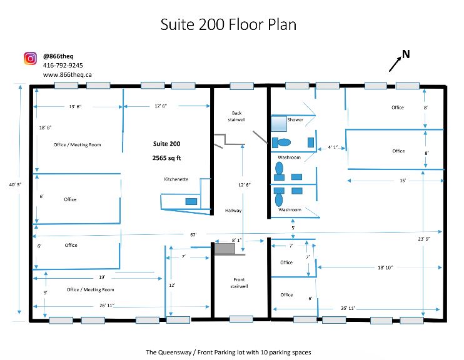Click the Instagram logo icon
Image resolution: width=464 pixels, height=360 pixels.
click(30, 58)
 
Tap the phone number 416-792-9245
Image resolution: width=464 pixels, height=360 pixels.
click(63, 66)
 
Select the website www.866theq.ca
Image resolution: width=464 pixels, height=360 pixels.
click(67, 75)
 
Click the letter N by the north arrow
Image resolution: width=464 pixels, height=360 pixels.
click(406, 54)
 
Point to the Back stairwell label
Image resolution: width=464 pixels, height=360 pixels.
click(236, 116)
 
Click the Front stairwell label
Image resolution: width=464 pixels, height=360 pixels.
click(239, 282)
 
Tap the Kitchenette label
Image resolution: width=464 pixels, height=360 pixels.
click(176, 179)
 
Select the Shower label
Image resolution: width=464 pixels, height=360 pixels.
click(295, 120)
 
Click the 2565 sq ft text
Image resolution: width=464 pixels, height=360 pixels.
click(166, 158)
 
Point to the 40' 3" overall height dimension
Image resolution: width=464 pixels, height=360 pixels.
click(15, 184)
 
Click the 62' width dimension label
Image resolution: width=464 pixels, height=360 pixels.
click(193, 235)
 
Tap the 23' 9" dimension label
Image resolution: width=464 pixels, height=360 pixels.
click(424, 239)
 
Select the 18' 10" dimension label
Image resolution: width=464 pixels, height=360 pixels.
click(385, 267)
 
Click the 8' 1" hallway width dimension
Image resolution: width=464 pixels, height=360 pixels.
click(236, 241)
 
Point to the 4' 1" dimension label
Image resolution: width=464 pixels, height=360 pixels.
click(333, 147)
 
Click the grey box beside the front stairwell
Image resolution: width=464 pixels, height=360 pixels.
click(224, 249)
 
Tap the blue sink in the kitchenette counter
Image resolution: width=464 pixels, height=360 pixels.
click(191, 202)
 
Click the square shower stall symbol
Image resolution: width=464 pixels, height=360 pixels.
click(279, 124)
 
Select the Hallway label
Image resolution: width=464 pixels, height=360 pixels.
click(233, 211)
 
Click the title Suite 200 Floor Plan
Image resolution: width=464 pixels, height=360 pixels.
click(228, 24)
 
